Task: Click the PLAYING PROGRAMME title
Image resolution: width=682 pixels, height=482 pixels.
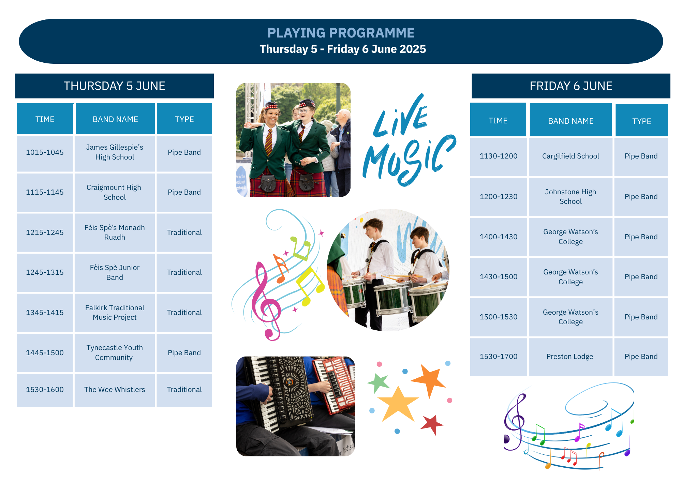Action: click(341, 33)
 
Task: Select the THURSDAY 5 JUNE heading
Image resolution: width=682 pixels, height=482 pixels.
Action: click(114, 86)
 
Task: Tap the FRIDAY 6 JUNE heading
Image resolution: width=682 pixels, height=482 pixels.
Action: click(571, 86)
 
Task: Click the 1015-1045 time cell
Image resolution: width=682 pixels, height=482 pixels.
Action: click(45, 152)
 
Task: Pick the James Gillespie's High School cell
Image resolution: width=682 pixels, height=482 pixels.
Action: click(115, 152)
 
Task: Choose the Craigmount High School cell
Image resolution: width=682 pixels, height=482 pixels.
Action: click(115, 192)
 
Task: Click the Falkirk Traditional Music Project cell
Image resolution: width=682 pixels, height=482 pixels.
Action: click(115, 313)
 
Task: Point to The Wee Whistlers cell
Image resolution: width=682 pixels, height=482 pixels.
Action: click(115, 390)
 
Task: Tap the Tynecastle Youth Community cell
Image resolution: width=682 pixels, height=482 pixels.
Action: click(115, 353)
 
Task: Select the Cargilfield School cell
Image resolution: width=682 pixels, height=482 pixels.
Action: click(570, 156)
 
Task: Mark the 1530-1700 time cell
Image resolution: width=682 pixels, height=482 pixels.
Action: click(499, 357)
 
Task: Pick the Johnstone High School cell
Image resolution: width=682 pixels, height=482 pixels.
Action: click(570, 197)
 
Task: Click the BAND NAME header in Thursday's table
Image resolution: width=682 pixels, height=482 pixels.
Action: click(115, 119)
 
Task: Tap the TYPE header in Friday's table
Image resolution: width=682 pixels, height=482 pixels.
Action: click(641, 121)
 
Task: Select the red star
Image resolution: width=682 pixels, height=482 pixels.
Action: click(432, 425)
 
